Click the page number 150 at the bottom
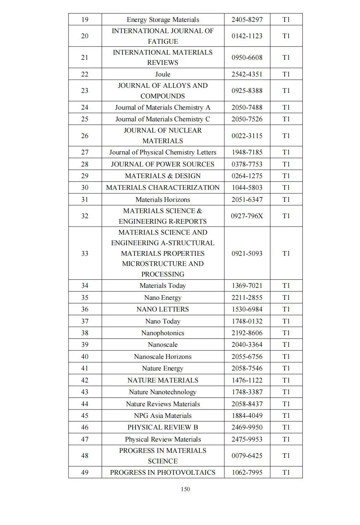point(185,489)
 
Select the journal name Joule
point(163,74)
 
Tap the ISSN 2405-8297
point(247,19)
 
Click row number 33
point(85,253)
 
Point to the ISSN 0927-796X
point(247,216)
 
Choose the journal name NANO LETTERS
point(163,309)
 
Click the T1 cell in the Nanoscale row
point(286,344)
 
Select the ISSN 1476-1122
point(247,380)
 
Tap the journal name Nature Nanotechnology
point(163,392)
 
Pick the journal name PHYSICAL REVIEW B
point(163,427)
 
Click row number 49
point(85,472)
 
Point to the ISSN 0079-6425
point(247,455)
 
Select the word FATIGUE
point(163,41)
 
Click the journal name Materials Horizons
point(163,199)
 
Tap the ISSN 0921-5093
point(247,253)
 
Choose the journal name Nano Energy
point(163,297)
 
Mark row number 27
point(85,152)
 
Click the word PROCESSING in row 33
point(163,274)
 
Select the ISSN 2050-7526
point(247,119)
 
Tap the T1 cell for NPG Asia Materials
point(286,415)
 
